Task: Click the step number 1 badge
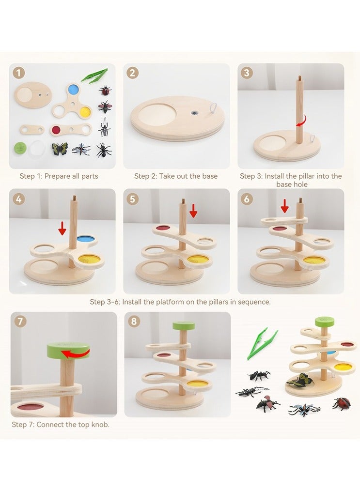pyautogui.click(x=18, y=73)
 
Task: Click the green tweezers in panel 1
pyautogui.click(x=94, y=75)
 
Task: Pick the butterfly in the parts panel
pyautogui.click(x=60, y=149)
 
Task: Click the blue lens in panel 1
pyautogui.click(x=73, y=90)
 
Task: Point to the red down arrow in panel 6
pyautogui.click(x=284, y=206)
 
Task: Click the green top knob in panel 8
pyautogui.click(x=184, y=325)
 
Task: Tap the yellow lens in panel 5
pyautogui.click(x=198, y=260)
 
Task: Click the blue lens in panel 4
pyautogui.click(x=85, y=239)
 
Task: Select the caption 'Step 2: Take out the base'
pyautogui.click(x=176, y=176)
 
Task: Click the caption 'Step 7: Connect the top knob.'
pyautogui.click(x=61, y=425)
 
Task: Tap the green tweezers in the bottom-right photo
pyautogui.click(x=262, y=344)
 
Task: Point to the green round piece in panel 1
pyautogui.click(x=20, y=147)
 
